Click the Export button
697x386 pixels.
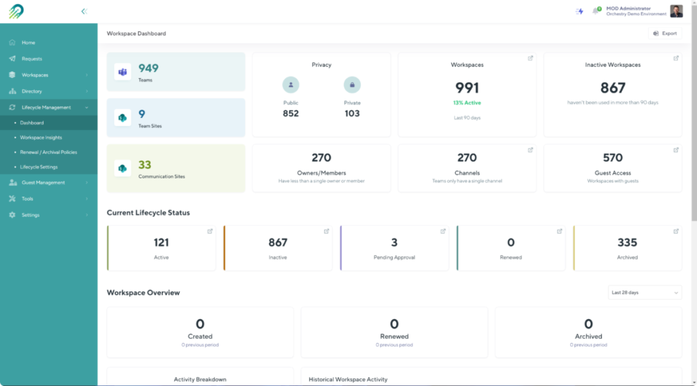pos(664,33)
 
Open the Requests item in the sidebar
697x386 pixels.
pos(31,59)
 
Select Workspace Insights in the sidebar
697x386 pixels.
pos(41,138)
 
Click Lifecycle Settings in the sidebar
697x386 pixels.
pos(39,167)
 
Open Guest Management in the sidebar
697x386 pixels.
pos(43,182)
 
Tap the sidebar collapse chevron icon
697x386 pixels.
pos(84,11)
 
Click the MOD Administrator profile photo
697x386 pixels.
pos(676,11)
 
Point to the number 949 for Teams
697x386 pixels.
pos(148,68)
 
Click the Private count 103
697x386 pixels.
pos(352,114)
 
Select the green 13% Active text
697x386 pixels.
pos(467,103)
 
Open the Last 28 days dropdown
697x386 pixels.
pos(644,292)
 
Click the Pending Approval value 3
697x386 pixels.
pos(394,242)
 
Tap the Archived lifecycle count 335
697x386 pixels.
pos(627,242)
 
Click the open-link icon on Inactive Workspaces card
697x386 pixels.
pos(676,58)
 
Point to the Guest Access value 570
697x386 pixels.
pos(613,158)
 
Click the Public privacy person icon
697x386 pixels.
pos(291,85)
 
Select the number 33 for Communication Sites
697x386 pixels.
pos(145,165)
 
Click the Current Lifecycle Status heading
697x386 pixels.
pos(148,212)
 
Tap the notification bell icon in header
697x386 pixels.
pos(596,11)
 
